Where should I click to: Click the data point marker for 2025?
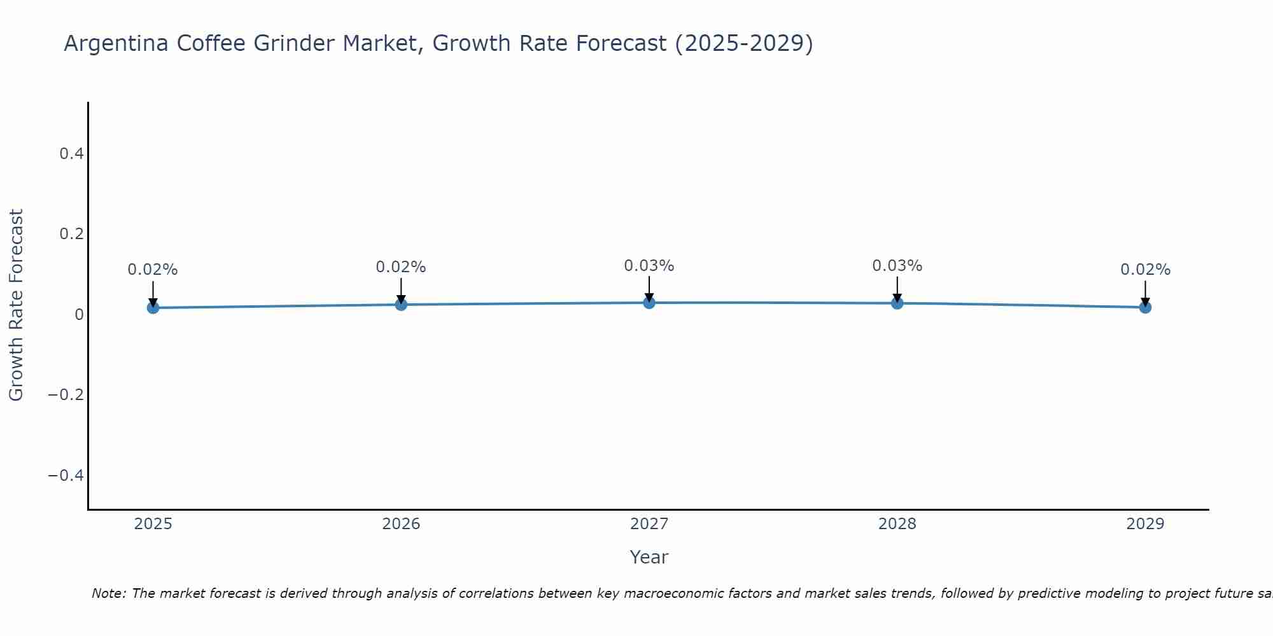click(153, 308)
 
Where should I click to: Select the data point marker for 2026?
click(401, 305)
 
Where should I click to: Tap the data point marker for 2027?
click(649, 303)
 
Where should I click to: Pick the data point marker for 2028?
click(897, 303)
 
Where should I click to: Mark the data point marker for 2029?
click(1145, 307)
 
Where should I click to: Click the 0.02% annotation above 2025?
click(153, 270)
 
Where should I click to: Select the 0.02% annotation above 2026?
click(401, 267)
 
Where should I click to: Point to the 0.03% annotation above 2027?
click(649, 266)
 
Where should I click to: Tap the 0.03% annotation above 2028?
click(897, 266)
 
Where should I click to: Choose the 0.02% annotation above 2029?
click(1145, 270)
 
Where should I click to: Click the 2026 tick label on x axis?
click(401, 524)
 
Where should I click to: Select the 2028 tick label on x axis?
click(897, 524)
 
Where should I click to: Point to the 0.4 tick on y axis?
click(71, 154)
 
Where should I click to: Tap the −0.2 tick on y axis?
click(66, 395)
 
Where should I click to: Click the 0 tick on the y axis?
click(79, 315)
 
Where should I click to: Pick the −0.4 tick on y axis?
click(66, 476)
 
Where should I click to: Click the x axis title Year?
click(649, 558)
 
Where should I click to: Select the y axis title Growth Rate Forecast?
click(16, 305)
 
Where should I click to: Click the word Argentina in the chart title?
click(116, 44)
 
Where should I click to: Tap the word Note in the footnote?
click(108, 594)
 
